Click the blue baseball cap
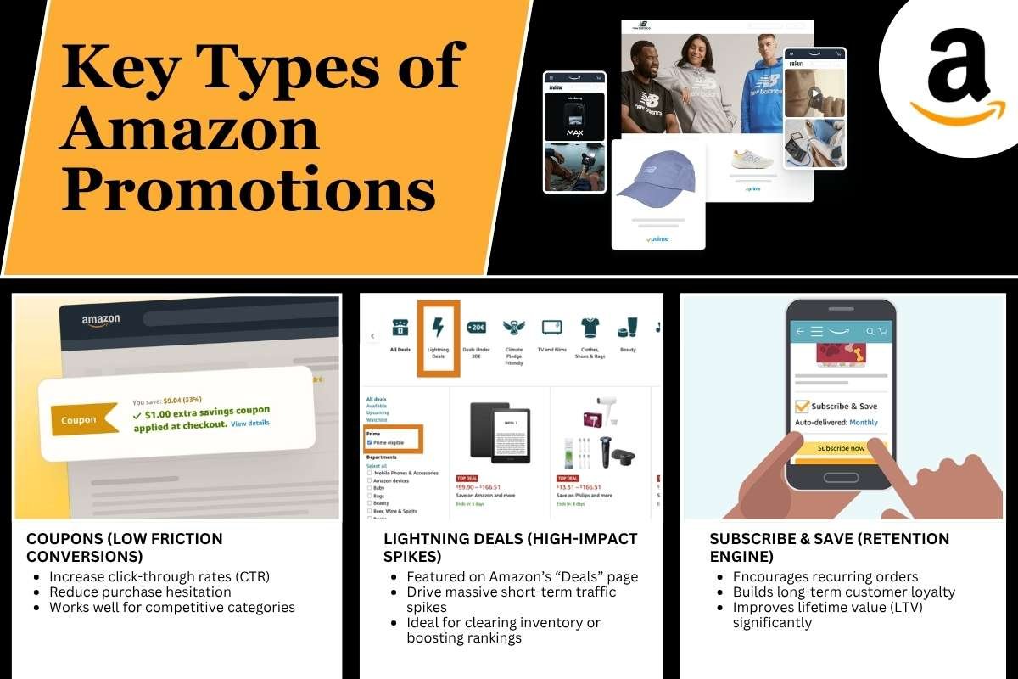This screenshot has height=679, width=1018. tap(655, 183)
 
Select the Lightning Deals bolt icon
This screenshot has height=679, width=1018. tap(439, 328)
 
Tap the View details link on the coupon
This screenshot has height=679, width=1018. tap(250, 423)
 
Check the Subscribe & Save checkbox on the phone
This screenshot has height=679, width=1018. tap(802, 407)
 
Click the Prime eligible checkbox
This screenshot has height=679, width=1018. tap(369, 442)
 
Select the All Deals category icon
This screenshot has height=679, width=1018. tap(400, 328)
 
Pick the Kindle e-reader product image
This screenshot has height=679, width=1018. tap(500, 434)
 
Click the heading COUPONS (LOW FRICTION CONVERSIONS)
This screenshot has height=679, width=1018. tap(125, 547)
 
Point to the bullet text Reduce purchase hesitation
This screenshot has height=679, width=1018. tap(140, 592)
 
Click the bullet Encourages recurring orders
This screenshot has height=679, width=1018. tap(825, 576)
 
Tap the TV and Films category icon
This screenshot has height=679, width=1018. tap(551, 328)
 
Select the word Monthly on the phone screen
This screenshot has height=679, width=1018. tap(864, 422)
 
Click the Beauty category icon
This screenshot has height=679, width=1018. tap(628, 328)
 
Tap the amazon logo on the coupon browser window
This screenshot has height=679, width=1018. tap(101, 320)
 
